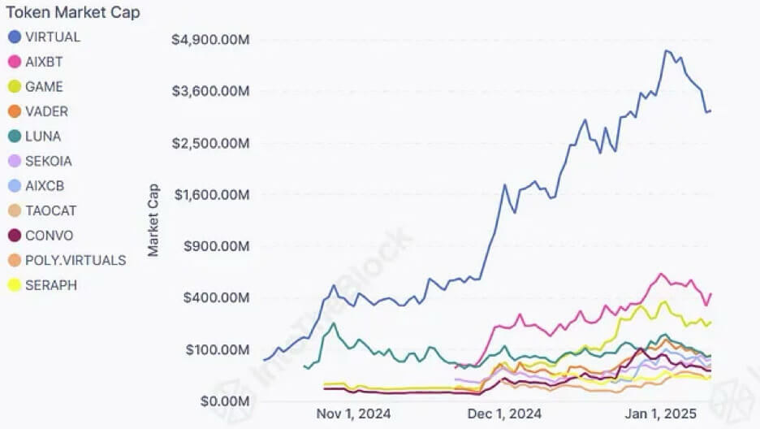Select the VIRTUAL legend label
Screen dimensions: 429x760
coord(53,37)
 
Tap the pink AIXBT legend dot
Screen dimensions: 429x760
coord(14,62)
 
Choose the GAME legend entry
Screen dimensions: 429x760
coord(44,86)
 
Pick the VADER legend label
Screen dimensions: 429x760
coord(47,111)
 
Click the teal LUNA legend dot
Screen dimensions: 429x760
coord(14,136)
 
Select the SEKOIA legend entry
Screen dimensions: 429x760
coord(49,161)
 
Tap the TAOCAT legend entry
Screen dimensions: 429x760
coord(51,210)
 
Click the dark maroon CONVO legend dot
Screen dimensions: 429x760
coord(14,236)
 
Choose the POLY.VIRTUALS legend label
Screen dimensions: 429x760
coord(76,260)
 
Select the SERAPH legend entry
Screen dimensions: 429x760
coord(51,285)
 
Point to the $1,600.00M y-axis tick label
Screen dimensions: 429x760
coord(209,194)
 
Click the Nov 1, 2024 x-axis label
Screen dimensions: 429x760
coord(352,414)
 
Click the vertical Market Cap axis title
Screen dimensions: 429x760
coord(153,219)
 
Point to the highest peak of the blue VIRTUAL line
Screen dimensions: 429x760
coord(666,50)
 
